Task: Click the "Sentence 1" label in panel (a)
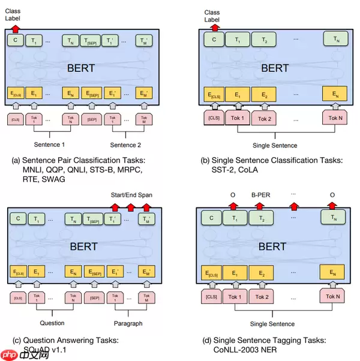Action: coord(49,145)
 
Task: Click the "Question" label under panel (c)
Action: coord(52,323)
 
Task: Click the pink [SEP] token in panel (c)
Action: coord(94,297)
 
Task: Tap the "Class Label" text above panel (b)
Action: coord(211,15)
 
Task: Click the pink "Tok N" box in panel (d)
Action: coord(334,296)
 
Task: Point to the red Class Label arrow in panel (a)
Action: coord(15,28)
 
